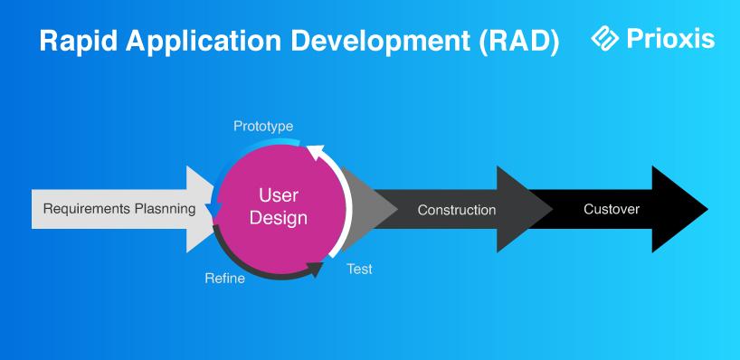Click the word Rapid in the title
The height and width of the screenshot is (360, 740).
coord(79,42)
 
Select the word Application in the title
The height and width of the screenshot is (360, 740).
coord(204,42)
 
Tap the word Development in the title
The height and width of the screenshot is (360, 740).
coord(380,42)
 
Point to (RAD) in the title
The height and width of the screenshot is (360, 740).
coord(519,42)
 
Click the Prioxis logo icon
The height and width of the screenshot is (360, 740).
coord(604,38)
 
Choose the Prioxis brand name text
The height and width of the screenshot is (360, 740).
coord(670,39)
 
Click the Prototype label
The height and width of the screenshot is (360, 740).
coord(263,127)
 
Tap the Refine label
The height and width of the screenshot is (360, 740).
coord(224,279)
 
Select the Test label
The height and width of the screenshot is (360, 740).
coord(360,269)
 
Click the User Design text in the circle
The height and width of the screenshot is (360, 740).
coord(279,206)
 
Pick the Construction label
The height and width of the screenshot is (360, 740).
coord(456,210)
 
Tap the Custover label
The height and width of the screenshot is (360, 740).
coord(612,209)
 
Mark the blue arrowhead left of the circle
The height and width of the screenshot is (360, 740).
coord(215,211)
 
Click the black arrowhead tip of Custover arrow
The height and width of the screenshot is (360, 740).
coord(707,209)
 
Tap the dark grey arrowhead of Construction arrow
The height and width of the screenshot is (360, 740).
coord(524,209)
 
